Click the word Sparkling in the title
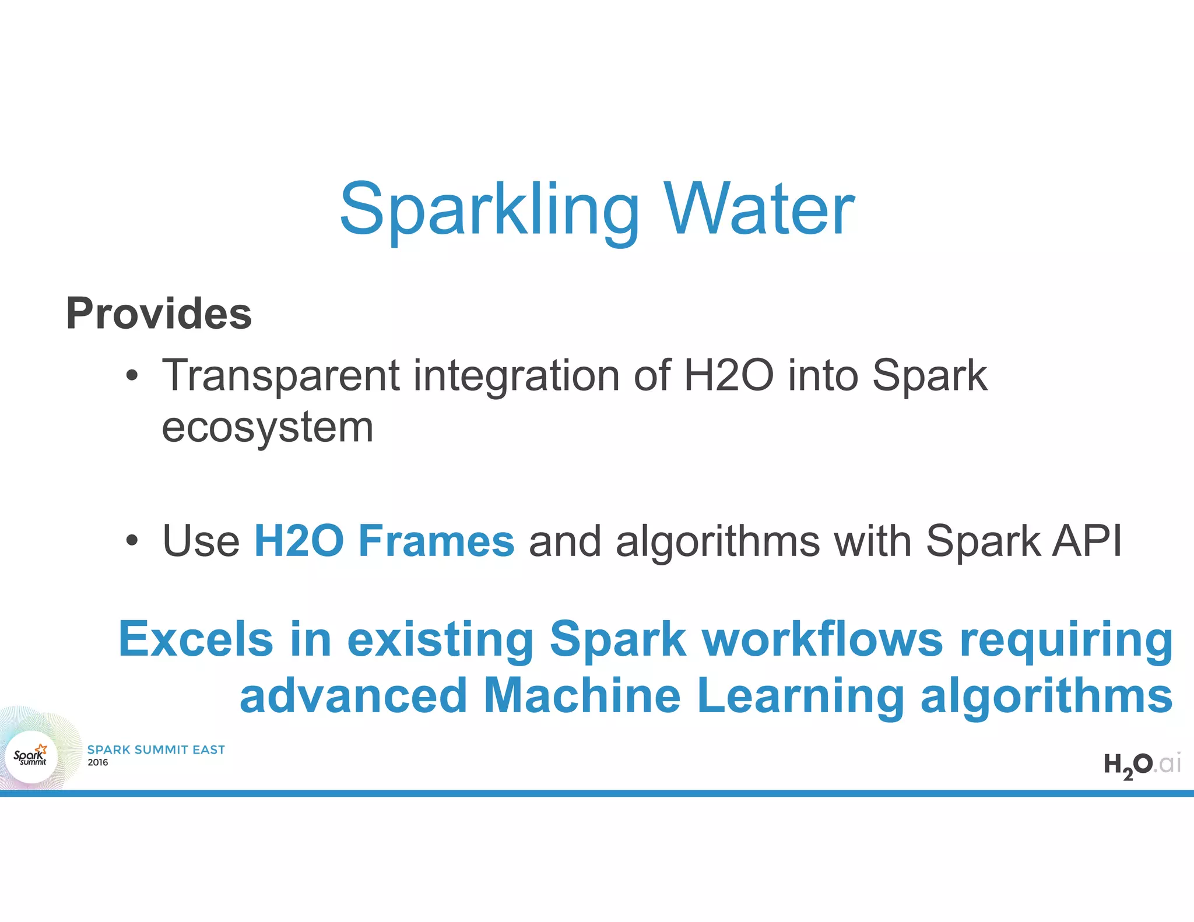(490, 211)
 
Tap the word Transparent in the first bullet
(280, 376)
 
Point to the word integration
(516, 376)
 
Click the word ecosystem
(267, 428)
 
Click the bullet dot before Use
(132, 541)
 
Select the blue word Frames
(436, 541)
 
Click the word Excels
(196, 639)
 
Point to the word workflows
(822, 639)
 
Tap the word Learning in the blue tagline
(800, 696)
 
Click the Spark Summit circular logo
(32, 757)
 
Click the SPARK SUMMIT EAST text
(156, 750)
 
